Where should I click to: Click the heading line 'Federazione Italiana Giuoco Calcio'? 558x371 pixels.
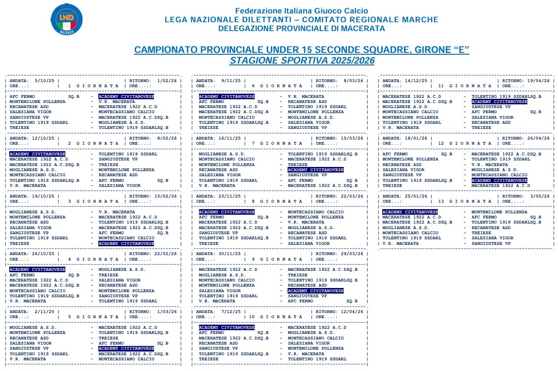pos(301,11)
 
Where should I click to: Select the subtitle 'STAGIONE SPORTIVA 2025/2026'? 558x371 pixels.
pos(301,61)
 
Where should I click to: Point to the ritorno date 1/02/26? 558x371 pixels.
pos(167,80)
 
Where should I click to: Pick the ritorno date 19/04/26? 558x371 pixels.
pos(540,80)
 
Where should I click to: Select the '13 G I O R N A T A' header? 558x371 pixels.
pos(464,202)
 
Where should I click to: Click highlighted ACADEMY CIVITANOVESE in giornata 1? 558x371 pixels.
pos(126,96)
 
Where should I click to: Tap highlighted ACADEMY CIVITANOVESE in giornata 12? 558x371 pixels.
pos(500,180)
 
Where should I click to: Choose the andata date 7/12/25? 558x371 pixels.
pos(231,311)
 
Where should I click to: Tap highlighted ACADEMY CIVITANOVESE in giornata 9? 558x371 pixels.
pos(315,290)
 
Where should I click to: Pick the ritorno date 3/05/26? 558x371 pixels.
pos(540,196)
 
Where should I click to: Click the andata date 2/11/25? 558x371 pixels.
pos(44,311)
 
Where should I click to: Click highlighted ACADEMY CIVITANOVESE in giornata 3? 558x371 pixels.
pos(126,243)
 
